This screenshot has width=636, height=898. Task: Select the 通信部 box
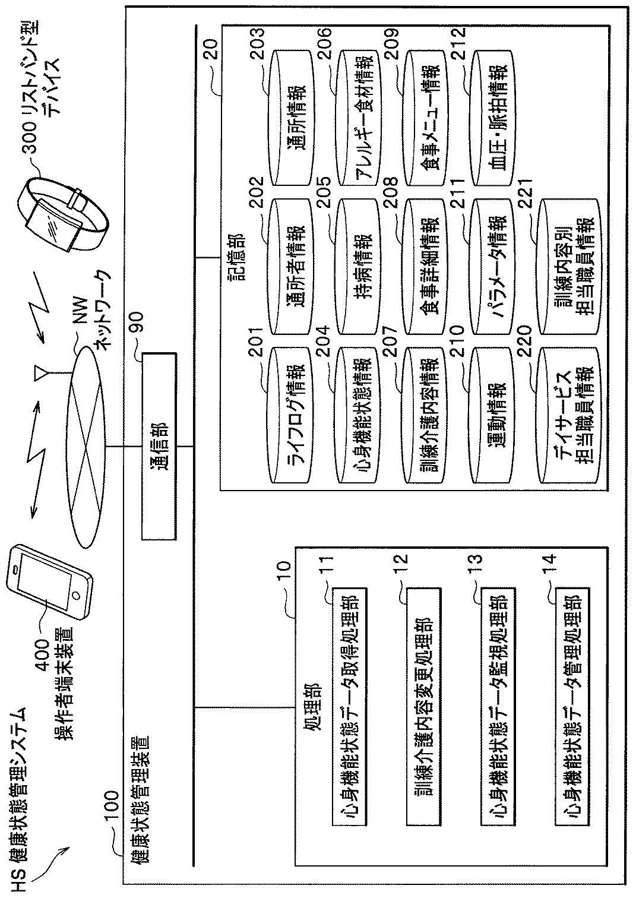click(159, 446)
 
